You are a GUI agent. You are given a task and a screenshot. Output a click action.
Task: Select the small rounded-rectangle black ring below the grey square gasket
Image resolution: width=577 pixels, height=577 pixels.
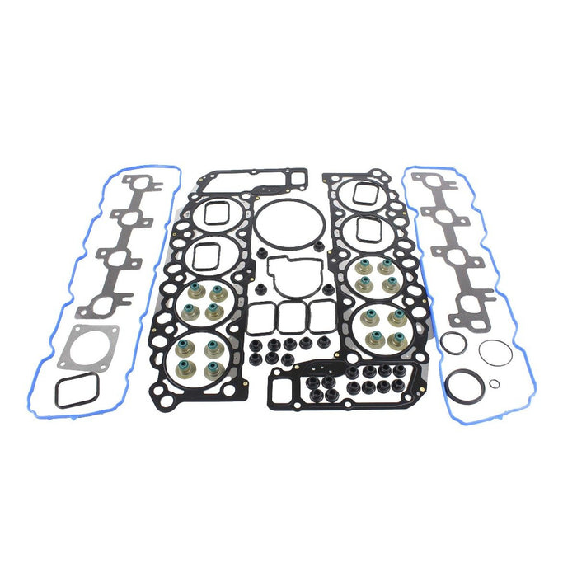click(76, 391)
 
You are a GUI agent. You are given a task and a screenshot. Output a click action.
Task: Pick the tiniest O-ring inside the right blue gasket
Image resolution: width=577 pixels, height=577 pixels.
click(494, 383)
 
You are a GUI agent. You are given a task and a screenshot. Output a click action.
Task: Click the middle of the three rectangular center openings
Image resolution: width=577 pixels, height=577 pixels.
click(290, 314)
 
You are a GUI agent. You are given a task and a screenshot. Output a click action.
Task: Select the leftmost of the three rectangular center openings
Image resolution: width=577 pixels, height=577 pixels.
click(261, 314)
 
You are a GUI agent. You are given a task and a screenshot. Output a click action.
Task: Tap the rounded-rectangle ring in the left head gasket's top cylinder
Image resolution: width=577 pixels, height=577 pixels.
click(216, 213)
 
